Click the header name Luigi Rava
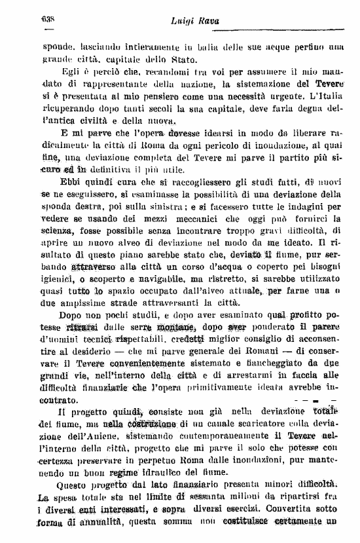click(194, 22)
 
